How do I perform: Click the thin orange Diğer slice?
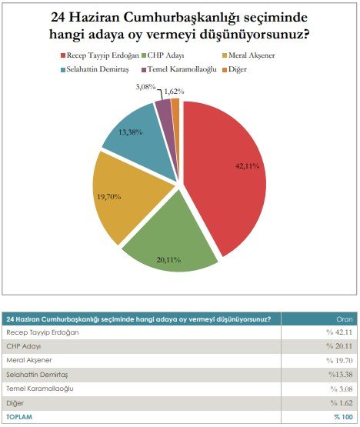coord(175,109)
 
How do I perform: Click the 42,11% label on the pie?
coord(247,166)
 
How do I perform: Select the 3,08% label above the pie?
coord(145,87)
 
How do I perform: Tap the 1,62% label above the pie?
coord(175,92)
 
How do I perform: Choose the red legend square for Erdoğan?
coord(62,55)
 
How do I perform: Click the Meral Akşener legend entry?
coord(248,55)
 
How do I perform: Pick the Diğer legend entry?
coord(235,69)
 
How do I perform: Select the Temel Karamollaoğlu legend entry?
coord(179,69)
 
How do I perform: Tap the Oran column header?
coord(345,319)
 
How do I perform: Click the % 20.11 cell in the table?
coord(339,346)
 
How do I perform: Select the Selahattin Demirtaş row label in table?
coord(37,375)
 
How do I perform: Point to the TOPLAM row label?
coord(19,417)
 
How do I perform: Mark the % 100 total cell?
coord(343,417)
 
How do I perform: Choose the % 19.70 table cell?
coord(339,360)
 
